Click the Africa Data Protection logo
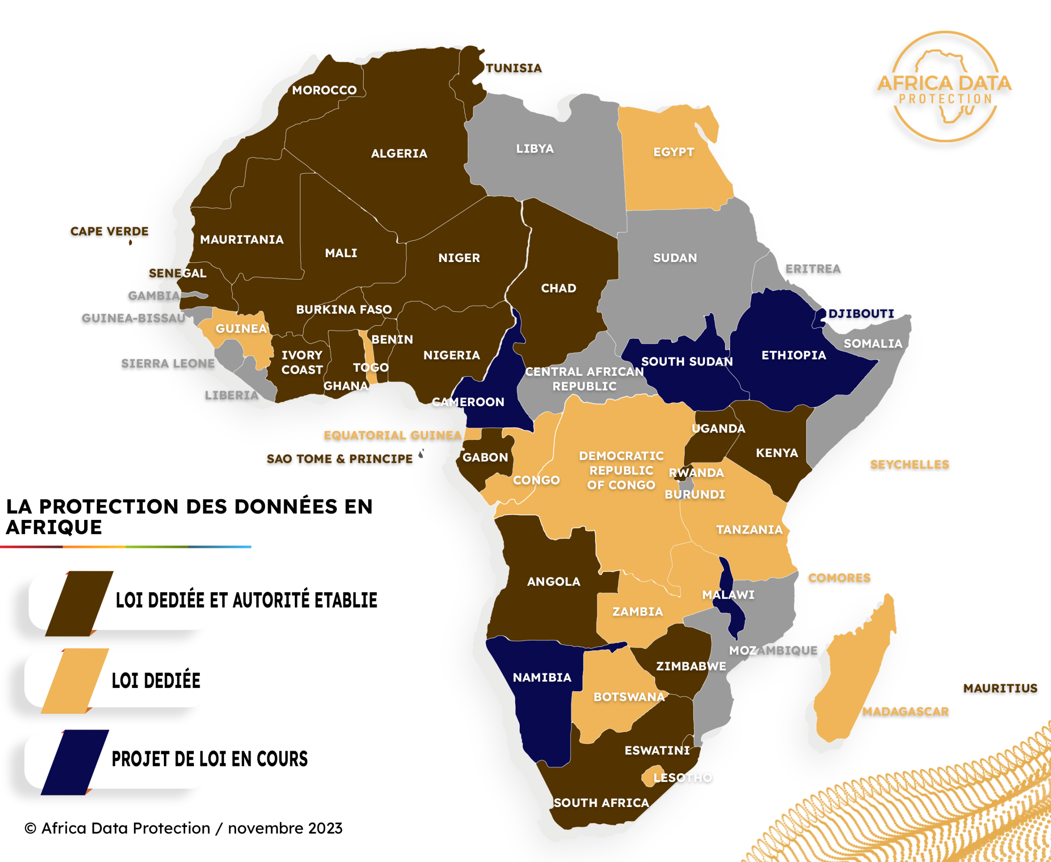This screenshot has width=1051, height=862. tap(944, 87)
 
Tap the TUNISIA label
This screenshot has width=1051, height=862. tap(513, 68)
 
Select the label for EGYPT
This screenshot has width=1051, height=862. tap(673, 152)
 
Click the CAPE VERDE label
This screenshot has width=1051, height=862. tap(109, 231)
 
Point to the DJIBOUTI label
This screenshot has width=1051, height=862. tap(861, 314)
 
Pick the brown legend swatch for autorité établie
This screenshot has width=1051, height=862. tap(79, 603)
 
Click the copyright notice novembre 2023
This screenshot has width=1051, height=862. tap(184, 828)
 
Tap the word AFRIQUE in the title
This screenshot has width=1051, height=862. tap(54, 527)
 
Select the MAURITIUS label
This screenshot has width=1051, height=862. tap(1000, 688)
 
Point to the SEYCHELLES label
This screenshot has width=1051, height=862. tap(909, 465)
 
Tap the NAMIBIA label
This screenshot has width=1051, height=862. tap(542, 678)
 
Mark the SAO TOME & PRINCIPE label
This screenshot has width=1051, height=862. tap(340, 459)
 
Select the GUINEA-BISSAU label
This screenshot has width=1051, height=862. tap(133, 318)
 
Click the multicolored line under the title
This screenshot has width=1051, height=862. tap(126, 547)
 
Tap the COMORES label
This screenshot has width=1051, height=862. tap(839, 578)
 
